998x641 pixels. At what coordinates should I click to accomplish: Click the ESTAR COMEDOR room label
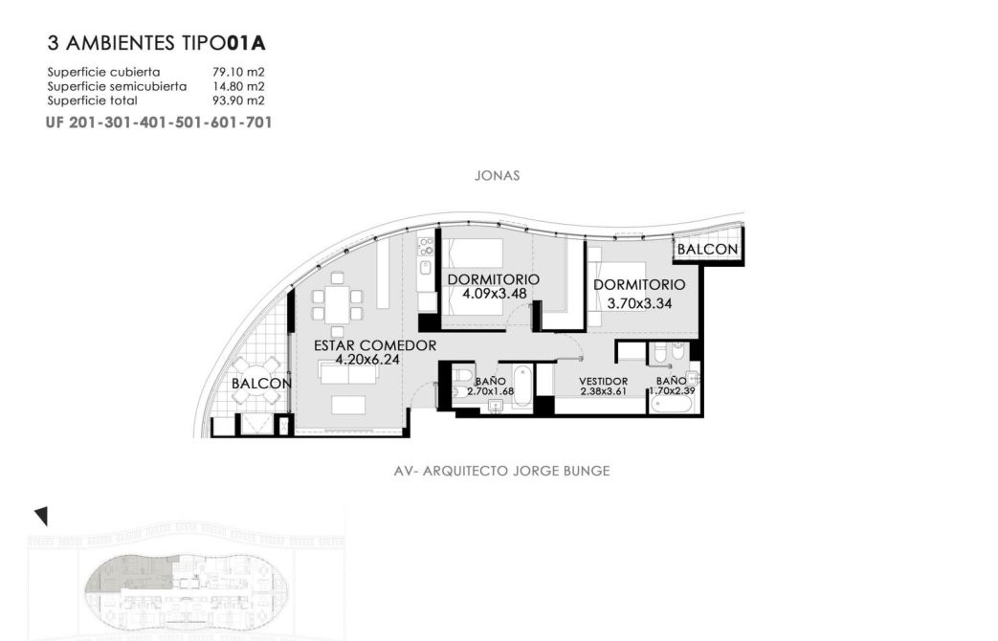[x=375, y=345]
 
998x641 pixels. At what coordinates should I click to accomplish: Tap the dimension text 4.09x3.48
[x=495, y=294]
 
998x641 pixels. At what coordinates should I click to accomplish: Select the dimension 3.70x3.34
[x=639, y=303]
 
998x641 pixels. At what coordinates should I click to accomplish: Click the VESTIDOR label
[x=604, y=382]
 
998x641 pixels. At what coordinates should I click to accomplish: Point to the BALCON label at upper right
[x=707, y=250]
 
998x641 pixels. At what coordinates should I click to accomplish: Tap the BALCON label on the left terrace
[x=261, y=384]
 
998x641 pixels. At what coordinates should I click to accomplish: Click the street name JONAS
[x=498, y=176]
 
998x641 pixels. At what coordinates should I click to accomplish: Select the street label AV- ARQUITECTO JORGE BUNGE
[x=502, y=471]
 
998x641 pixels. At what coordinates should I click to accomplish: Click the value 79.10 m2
[x=238, y=72]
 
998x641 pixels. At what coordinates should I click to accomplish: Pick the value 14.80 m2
[x=238, y=86]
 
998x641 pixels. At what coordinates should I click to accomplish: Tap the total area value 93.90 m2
[x=238, y=99]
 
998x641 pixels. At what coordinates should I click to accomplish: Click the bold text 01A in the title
[x=246, y=43]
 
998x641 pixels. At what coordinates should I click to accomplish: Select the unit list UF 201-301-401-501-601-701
[x=159, y=122]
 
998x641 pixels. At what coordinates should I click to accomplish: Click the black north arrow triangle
[x=41, y=516]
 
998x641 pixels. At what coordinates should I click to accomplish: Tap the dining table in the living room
[x=338, y=305]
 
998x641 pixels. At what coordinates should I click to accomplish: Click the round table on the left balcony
[x=255, y=381]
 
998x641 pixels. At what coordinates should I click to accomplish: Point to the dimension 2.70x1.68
[x=490, y=391]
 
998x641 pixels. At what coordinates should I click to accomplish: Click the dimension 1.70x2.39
[x=672, y=391]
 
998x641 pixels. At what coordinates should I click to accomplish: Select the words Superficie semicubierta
[x=117, y=86]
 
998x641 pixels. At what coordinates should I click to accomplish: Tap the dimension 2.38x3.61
[x=604, y=391]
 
